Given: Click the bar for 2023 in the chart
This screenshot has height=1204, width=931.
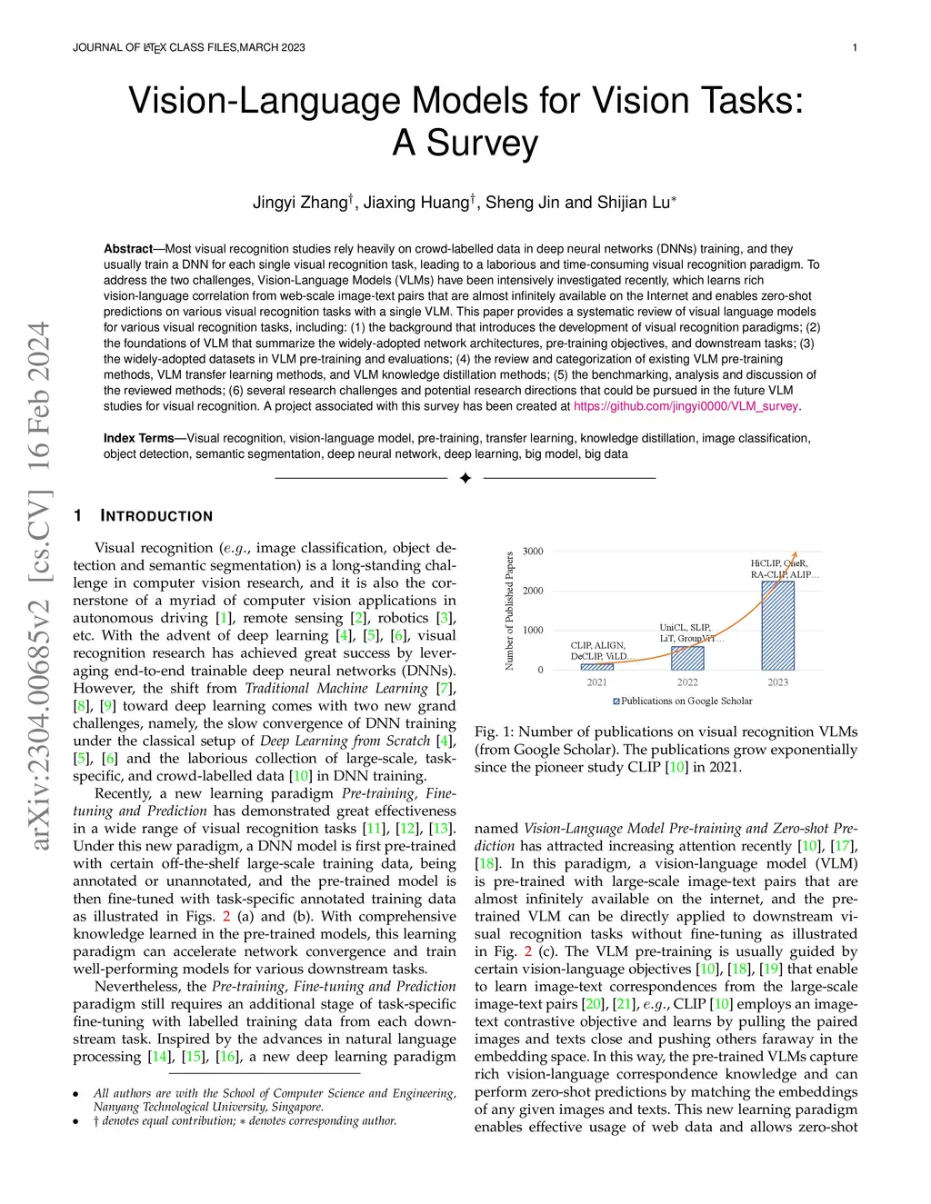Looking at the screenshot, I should click(x=777, y=626).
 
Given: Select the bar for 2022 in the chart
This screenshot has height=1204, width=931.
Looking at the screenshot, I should click(x=687, y=658).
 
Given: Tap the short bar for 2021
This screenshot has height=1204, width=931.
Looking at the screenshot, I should click(x=596, y=667).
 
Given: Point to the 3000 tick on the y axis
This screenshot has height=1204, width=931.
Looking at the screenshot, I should click(x=533, y=552).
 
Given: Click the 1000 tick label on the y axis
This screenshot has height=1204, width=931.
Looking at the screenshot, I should click(x=533, y=631).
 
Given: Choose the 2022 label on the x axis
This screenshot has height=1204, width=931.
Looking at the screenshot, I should click(x=687, y=682).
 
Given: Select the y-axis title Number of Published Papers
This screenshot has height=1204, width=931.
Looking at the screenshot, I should click(x=509, y=611).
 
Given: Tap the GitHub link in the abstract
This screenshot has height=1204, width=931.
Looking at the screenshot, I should click(x=686, y=407).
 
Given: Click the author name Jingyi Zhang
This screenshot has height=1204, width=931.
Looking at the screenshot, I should click(x=301, y=203).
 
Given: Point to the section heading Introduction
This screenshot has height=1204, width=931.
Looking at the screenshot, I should click(x=156, y=516).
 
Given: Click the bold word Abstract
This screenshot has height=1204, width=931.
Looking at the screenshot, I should click(x=128, y=249).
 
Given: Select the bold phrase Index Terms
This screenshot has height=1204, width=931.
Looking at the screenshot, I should click(x=138, y=439).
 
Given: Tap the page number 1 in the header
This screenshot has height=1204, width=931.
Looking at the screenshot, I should click(x=855, y=47).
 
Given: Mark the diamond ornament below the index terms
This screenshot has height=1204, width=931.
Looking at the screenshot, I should click(x=465, y=478).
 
